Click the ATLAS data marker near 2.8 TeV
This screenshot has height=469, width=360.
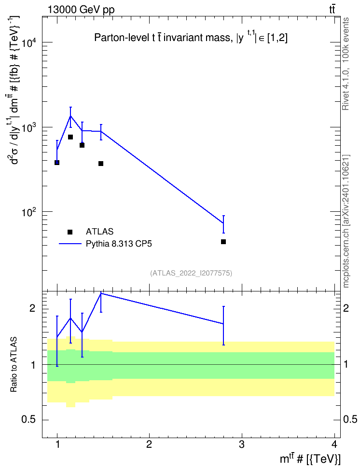click(223, 242)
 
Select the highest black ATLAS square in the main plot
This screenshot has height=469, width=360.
click(70, 137)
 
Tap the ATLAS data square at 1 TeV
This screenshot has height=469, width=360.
click(57, 163)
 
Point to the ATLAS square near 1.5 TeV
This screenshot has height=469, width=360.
click(101, 164)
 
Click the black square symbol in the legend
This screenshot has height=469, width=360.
click(70, 232)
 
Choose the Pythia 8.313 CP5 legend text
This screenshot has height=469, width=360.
click(119, 244)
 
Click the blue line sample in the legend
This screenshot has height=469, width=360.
click(70, 244)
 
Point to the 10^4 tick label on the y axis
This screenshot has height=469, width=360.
click(29, 43)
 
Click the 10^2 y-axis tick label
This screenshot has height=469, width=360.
click(29, 213)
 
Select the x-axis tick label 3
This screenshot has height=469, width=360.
click(241, 444)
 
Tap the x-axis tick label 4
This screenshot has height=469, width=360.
click(334, 444)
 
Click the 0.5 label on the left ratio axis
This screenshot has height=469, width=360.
click(29, 420)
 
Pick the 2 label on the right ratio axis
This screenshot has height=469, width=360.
click(346, 308)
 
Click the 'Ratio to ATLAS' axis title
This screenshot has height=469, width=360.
click(14, 365)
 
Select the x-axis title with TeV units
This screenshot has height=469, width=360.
click(310, 459)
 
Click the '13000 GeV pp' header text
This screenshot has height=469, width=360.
click(81, 10)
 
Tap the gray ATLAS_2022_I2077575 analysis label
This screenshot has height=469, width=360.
click(191, 273)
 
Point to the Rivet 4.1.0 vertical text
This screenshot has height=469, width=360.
click(346, 64)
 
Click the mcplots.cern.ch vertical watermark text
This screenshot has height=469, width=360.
click(346, 221)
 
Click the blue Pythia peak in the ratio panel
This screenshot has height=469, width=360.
click(101, 293)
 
